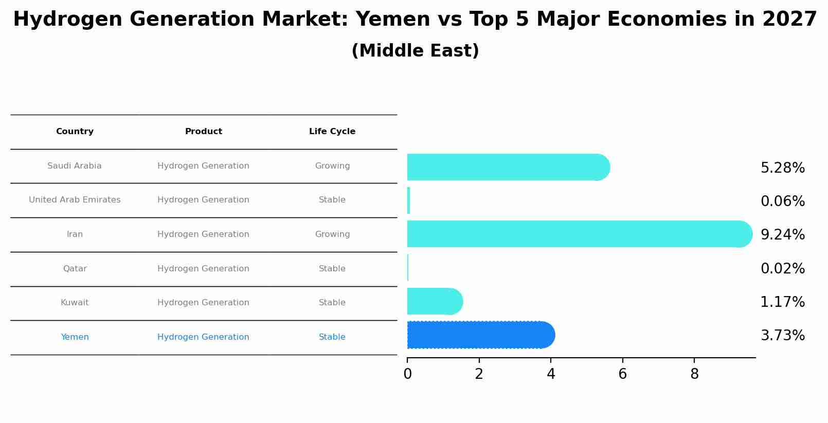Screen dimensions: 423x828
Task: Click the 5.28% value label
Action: (782, 168)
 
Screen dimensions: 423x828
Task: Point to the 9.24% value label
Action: (782, 235)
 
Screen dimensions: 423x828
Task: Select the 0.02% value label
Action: (782, 269)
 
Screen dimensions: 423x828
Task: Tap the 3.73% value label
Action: (782, 336)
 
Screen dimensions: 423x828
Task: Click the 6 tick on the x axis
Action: (622, 374)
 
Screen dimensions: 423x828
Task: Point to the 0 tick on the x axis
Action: (407, 374)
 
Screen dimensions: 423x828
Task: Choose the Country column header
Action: (75, 132)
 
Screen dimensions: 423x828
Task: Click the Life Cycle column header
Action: (332, 132)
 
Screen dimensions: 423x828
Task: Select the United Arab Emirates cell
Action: (75, 200)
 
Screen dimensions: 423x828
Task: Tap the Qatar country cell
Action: (75, 269)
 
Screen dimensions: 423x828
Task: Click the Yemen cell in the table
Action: (75, 337)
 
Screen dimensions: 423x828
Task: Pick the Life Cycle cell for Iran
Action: (332, 234)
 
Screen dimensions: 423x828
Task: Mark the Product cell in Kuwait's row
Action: (203, 303)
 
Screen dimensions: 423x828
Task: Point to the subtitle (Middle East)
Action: (415, 51)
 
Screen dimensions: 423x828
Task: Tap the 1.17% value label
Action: (782, 302)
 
